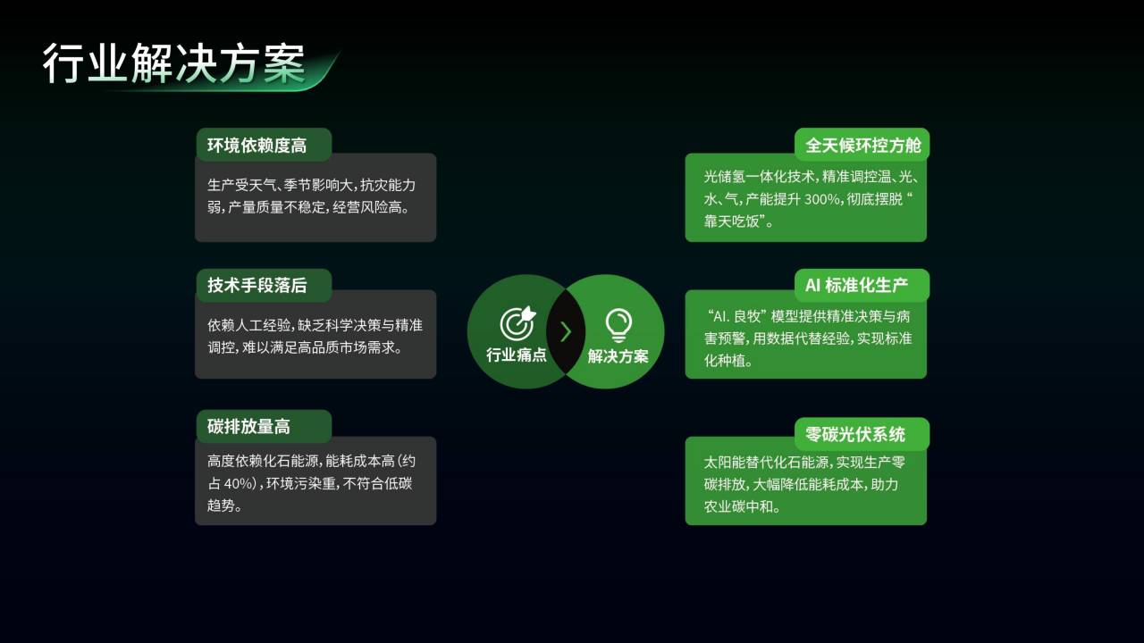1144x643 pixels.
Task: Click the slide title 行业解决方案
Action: [x=173, y=63]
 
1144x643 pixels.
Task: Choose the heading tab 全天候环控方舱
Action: [x=863, y=146]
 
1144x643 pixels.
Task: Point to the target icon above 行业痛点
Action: [x=517, y=323]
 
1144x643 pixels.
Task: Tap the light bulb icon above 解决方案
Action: [x=618, y=325]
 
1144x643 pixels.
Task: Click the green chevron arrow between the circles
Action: [x=566, y=331]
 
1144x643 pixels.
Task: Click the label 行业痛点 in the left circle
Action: [x=517, y=355]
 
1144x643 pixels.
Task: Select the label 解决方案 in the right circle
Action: [x=618, y=356]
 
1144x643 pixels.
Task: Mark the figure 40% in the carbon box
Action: [x=239, y=483]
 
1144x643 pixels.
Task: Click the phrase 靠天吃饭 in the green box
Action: [x=731, y=221]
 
